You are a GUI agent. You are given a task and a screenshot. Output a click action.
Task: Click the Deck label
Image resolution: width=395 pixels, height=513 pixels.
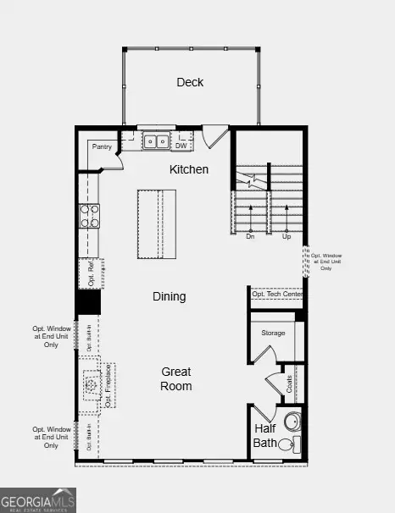point(190,82)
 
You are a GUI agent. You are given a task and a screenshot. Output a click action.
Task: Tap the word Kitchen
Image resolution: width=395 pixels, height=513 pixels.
point(188,169)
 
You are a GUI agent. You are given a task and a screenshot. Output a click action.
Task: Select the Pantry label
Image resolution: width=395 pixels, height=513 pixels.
point(103,147)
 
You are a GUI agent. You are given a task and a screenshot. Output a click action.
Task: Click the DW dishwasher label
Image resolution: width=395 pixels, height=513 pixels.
point(181,145)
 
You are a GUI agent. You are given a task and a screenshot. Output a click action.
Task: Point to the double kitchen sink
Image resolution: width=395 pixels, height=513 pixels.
point(155,141)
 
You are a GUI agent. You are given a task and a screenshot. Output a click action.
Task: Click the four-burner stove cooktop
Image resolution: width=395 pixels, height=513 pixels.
point(89,216)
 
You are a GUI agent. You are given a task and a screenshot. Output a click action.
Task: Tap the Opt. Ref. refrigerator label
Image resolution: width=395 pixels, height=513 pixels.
point(89,273)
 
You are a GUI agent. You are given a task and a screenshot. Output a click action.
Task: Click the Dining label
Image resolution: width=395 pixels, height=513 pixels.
point(169,296)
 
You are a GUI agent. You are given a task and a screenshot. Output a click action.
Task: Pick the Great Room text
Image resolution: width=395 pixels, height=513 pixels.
point(176,378)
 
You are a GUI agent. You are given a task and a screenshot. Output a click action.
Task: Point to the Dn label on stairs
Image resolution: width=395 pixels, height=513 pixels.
point(250,237)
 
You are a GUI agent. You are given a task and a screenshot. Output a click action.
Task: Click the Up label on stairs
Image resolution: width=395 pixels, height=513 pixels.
point(286,237)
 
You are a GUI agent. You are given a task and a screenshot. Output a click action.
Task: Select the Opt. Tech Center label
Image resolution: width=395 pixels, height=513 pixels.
point(277,294)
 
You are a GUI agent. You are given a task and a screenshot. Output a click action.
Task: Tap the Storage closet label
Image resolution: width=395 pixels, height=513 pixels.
point(273,333)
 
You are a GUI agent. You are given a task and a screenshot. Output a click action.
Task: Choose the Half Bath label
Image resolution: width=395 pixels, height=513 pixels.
point(265,435)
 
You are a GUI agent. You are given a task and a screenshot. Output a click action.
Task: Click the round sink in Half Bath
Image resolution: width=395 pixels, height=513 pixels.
point(292,422)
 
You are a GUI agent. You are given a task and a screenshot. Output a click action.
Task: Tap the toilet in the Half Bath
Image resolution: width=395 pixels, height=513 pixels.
point(287,445)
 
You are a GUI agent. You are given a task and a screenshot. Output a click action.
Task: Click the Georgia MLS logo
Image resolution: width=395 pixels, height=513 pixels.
point(38,499)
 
